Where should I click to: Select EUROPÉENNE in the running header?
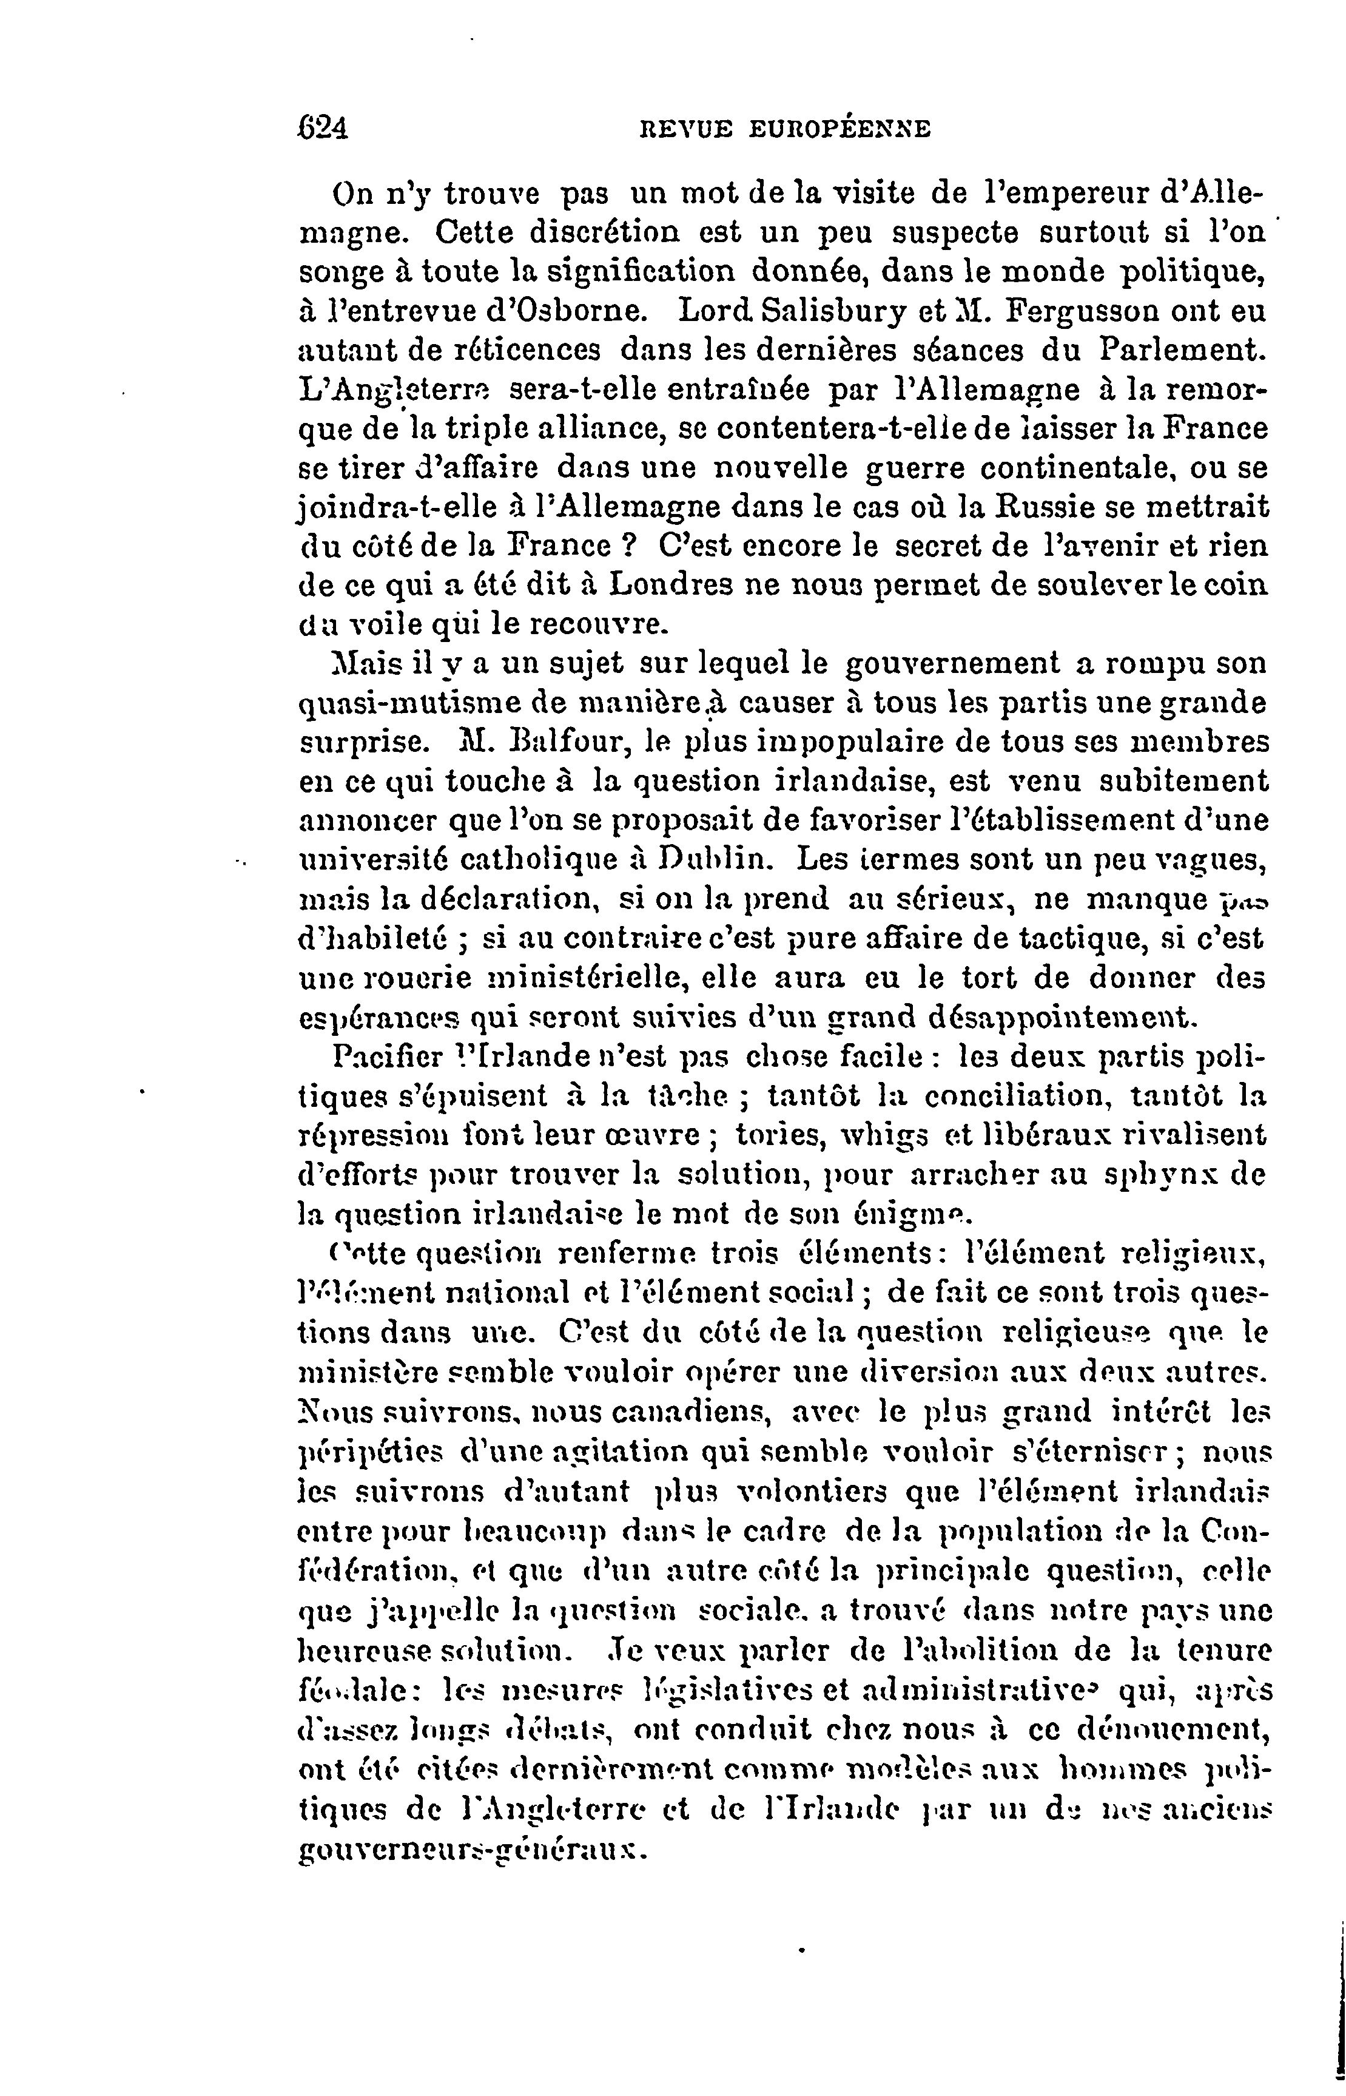pyautogui.click(x=841, y=130)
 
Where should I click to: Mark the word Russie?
pyautogui.click(x=1043, y=507)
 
